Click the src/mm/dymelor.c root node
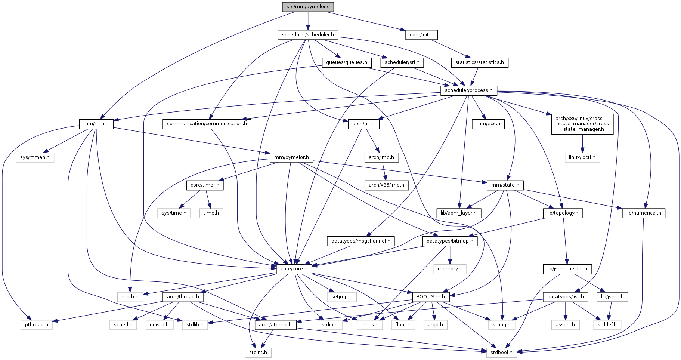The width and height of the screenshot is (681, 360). (x=308, y=7)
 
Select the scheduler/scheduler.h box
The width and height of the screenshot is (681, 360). (x=308, y=35)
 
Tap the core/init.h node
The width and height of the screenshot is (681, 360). (x=421, y=35)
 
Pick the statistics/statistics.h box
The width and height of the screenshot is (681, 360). (x=479, y=62)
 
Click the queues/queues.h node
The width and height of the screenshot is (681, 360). (x=346, y=62)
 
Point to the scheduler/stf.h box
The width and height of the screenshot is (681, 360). (x=402, y=62)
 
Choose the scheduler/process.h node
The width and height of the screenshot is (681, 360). (x=468, y=90)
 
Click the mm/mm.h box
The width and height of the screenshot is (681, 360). (x=96, y=124)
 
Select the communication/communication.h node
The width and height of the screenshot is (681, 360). (x=207, y=124)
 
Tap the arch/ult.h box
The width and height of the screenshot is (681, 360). (x=363, y=124)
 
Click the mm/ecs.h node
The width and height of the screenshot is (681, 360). (x=488, y=124)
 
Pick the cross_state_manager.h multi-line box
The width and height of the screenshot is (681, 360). (x=582, y=124)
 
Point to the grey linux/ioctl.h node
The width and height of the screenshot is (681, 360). (x=582, y=157)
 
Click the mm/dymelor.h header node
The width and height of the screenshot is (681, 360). (x=291, y=157)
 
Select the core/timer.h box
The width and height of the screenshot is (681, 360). (x=205, y=185)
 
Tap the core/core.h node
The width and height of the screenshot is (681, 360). (x=294, y=269)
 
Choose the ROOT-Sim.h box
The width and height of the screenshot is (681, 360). (x=431, y=297)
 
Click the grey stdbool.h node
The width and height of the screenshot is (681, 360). (x=501, y=352)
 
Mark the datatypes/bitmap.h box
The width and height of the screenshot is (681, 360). (x=450, y=241)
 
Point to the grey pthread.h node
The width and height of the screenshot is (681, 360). (x=36, y=324)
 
